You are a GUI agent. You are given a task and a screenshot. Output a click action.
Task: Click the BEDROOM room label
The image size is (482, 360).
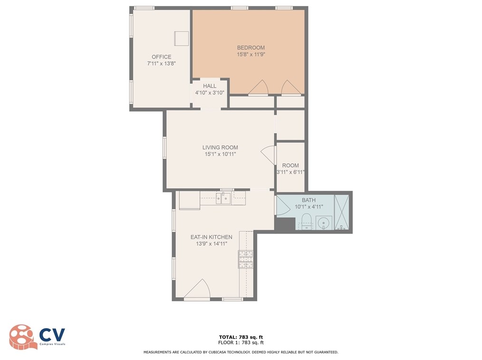click(251, 47)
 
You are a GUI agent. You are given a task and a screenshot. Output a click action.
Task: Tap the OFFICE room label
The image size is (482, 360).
click(161, 57)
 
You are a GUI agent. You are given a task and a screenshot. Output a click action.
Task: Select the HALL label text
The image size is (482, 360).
click(210, 86)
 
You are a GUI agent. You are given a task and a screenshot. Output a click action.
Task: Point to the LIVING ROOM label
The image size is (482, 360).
click(220, 148)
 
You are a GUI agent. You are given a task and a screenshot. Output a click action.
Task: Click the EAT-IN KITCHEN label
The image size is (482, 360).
click(211, 237)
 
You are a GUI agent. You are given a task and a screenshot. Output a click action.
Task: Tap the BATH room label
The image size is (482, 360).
click(308, 200)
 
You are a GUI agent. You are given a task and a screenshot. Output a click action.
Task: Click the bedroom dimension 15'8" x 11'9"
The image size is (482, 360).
click(251, 55)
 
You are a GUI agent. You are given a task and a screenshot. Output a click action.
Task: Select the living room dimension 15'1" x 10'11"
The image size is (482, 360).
click(220, 154)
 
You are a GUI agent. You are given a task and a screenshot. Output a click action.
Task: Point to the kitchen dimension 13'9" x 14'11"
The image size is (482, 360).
click(211, 244)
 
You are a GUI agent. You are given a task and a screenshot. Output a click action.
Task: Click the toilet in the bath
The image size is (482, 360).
click(306, 221)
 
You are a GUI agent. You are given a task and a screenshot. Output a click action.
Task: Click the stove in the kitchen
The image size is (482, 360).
click(245, 259)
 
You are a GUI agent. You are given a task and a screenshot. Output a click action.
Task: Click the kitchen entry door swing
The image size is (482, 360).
click(199, 290)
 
